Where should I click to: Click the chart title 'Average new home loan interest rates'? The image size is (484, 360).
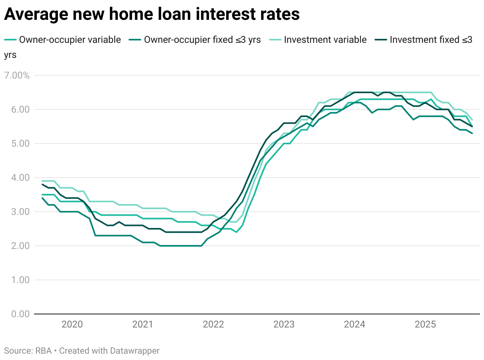[152, 14]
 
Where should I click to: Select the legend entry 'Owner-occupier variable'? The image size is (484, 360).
[70, 40]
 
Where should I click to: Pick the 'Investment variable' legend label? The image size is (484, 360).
[325, 40]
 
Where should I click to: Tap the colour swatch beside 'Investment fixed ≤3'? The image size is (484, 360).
[381, 40]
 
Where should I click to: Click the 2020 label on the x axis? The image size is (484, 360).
[72, 325]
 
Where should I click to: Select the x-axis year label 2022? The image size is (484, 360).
[213, 325]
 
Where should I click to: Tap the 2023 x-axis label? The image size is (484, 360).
[284, 325]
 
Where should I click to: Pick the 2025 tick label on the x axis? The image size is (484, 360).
[425, 325]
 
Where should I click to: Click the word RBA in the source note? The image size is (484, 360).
[43, 351]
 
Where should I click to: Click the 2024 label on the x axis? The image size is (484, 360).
[355, 325]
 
